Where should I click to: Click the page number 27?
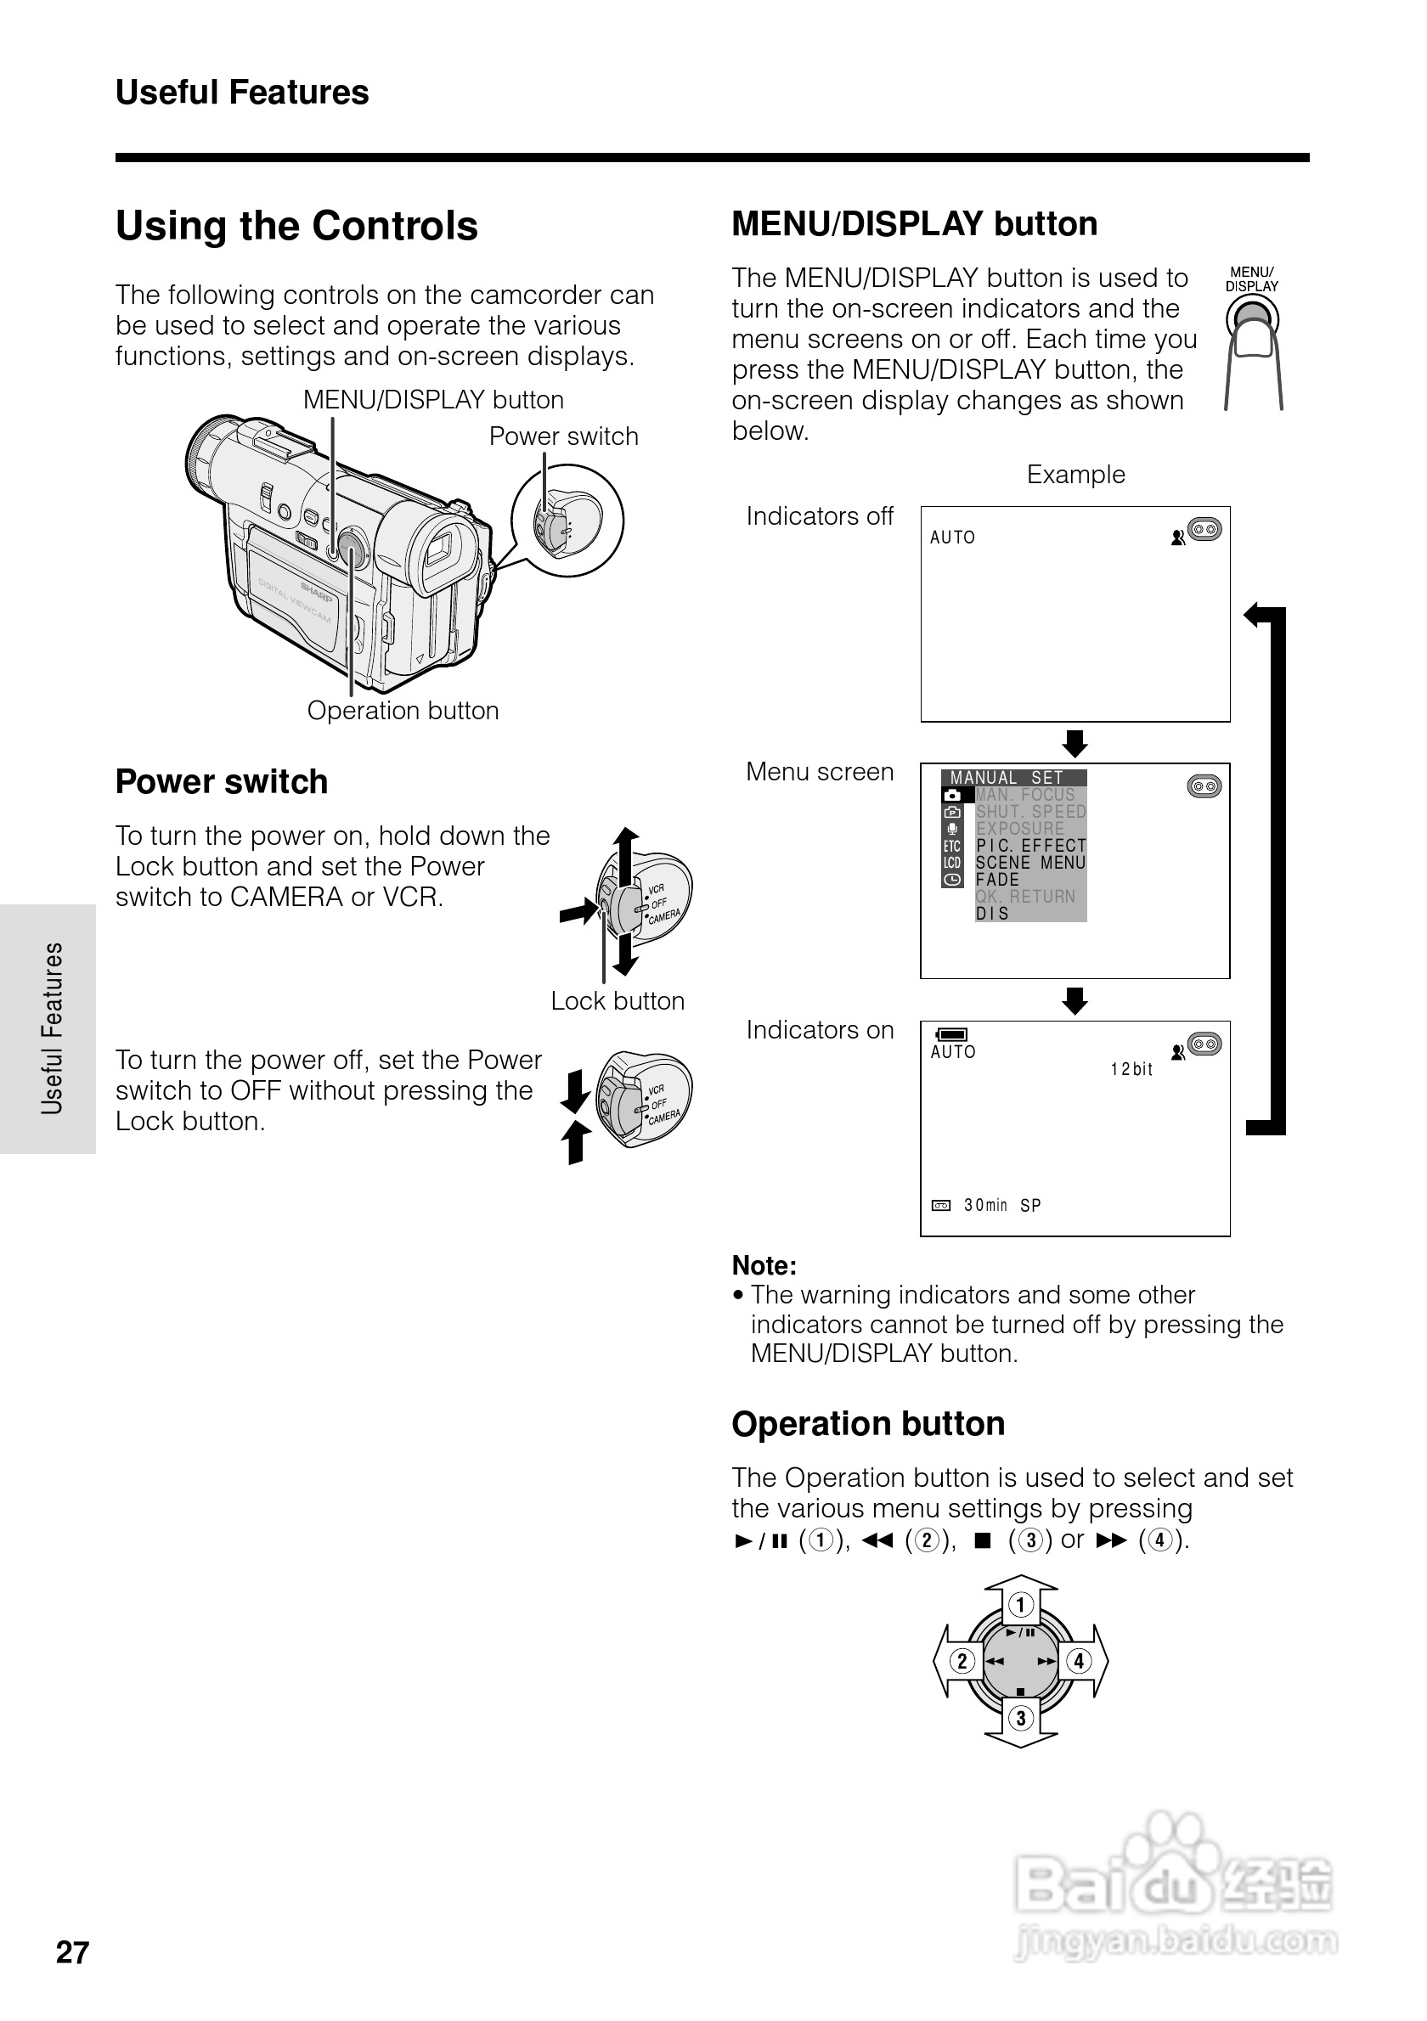72,1951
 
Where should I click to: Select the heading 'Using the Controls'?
296,226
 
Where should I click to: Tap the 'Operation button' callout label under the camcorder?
403,711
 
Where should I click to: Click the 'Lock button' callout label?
618,1001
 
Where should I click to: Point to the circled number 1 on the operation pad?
1020,1605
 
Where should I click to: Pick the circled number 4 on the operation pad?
1079,1661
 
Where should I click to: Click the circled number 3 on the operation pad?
1020,1717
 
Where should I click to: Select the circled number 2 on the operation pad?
962,1661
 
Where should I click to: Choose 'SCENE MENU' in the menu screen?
1030,863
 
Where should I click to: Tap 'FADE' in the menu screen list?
997,880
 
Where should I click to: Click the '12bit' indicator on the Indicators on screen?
1131,1069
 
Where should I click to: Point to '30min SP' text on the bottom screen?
1001,1205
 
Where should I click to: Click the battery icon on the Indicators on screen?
951,1034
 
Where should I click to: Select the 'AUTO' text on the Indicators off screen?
952,538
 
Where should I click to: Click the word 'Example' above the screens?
1074,475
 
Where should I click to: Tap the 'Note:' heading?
764,1266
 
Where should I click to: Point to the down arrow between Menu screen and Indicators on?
1074,1001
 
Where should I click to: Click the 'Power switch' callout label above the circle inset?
563,436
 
